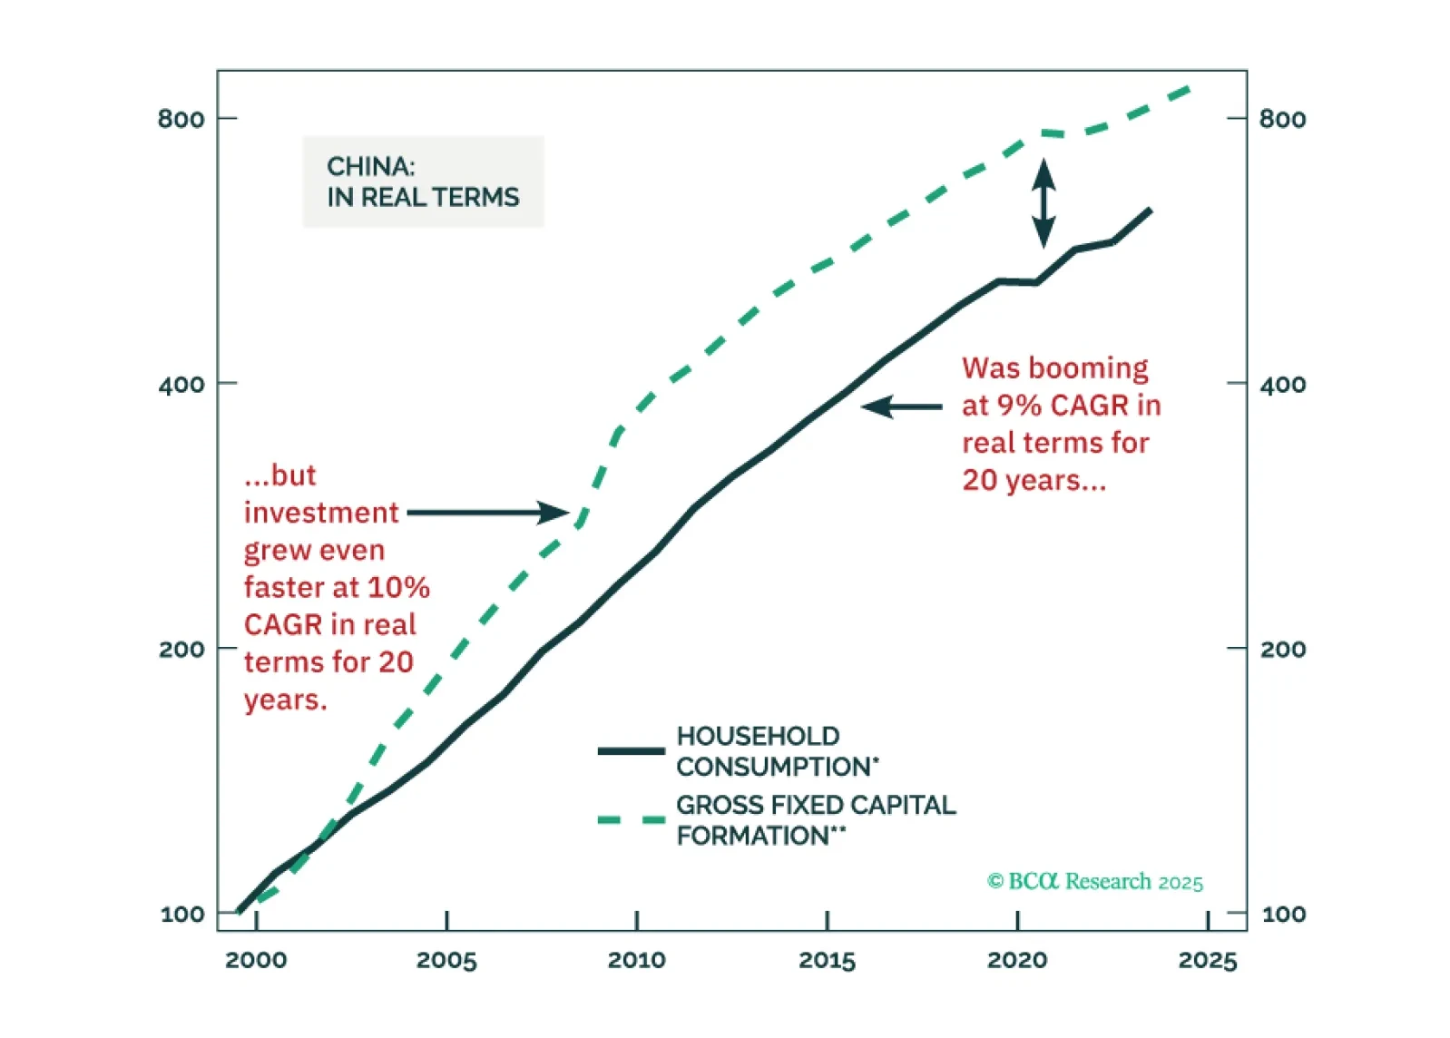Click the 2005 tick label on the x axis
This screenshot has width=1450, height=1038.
[x=446, y=960]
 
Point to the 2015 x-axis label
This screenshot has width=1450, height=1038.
[x=827, y=960]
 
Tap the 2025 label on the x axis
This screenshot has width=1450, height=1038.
[x=1207, y=960]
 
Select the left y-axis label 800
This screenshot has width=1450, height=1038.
[x=181, y=119]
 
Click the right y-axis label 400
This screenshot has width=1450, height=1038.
[x=1283, y=385]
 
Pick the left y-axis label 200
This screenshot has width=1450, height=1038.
[x=181, y=650]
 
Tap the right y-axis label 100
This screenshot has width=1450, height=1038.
[x=1284, y=915]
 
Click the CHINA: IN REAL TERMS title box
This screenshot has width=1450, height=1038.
[x=423, y=181]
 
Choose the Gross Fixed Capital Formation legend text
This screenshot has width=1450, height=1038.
[x=816, y=820]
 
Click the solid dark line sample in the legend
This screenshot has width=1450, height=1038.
[x=632, y=750]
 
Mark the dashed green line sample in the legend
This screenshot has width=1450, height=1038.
[x=632, y=820]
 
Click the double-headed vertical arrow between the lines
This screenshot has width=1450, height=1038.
[x=1043, y=203]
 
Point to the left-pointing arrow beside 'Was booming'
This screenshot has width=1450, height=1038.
[x=901, y=406]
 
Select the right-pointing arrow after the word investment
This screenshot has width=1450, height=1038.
[x=488, y=513]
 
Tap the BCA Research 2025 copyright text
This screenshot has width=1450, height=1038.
[x=1095, y=882]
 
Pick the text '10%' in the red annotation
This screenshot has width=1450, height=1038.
[x=399, y=588]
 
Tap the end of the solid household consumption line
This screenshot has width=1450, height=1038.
[x=1150, y=211]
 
